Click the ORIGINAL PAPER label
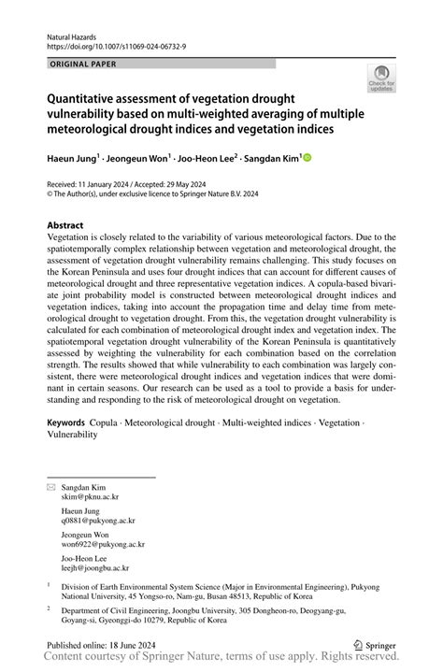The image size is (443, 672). click(79, 64)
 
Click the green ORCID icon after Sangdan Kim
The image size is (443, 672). click(307, 159)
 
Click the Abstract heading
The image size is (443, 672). click(65, 225)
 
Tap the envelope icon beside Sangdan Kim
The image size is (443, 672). click(51, 488)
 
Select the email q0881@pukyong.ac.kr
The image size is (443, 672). click(98, 520)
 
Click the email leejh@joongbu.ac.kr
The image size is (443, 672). click(95, 566)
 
